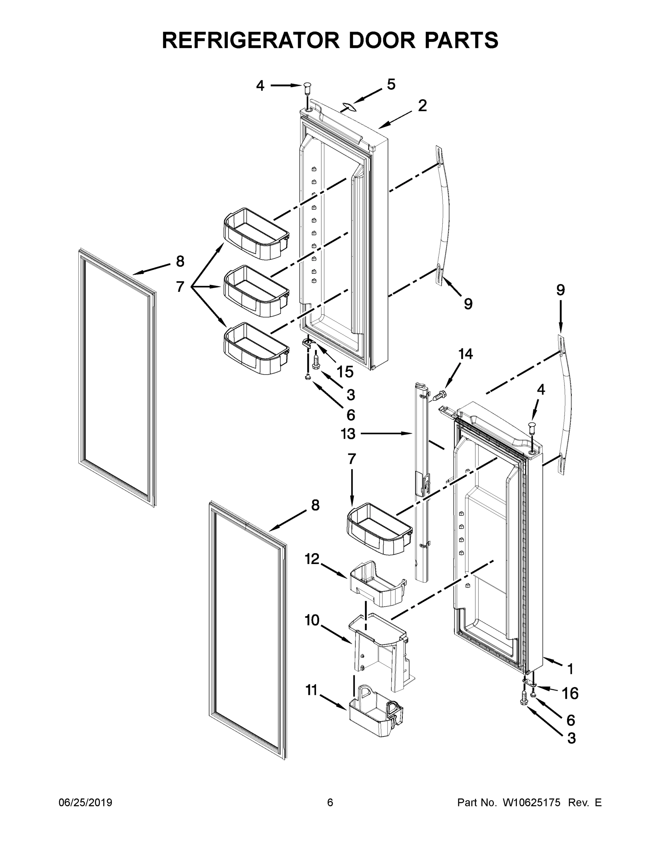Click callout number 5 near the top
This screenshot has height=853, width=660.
(x=391, y=84)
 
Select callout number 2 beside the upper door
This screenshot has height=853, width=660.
(x=422, y=106)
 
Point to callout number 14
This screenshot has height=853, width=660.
(x=465, y=354)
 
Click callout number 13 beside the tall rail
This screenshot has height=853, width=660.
(x=348, y=434)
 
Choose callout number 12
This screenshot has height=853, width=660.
(x=312, y=559)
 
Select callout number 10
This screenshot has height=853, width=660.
(x=312, y=620)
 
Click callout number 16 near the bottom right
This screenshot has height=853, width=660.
(x=570, y=694)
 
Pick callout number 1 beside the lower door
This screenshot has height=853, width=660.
(x=570, y=669)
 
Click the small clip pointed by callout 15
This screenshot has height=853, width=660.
(x=308, y=343)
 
